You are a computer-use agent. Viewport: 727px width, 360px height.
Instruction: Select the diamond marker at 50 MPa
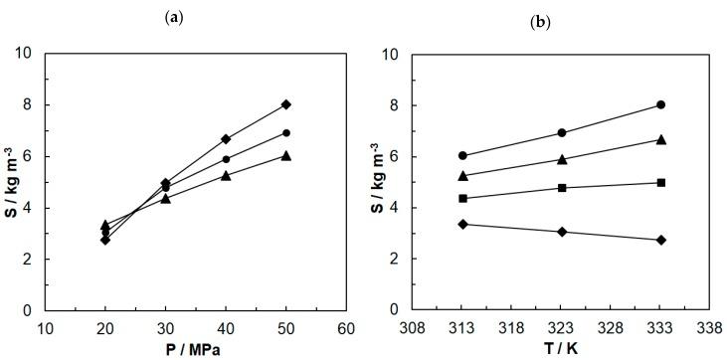285,104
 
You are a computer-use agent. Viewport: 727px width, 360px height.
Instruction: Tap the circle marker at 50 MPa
285,132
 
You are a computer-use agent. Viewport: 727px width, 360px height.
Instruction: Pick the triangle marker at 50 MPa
285,155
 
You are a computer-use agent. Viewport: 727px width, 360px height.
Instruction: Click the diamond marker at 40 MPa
226,139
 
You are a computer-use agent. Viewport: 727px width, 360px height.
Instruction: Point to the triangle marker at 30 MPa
165,198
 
